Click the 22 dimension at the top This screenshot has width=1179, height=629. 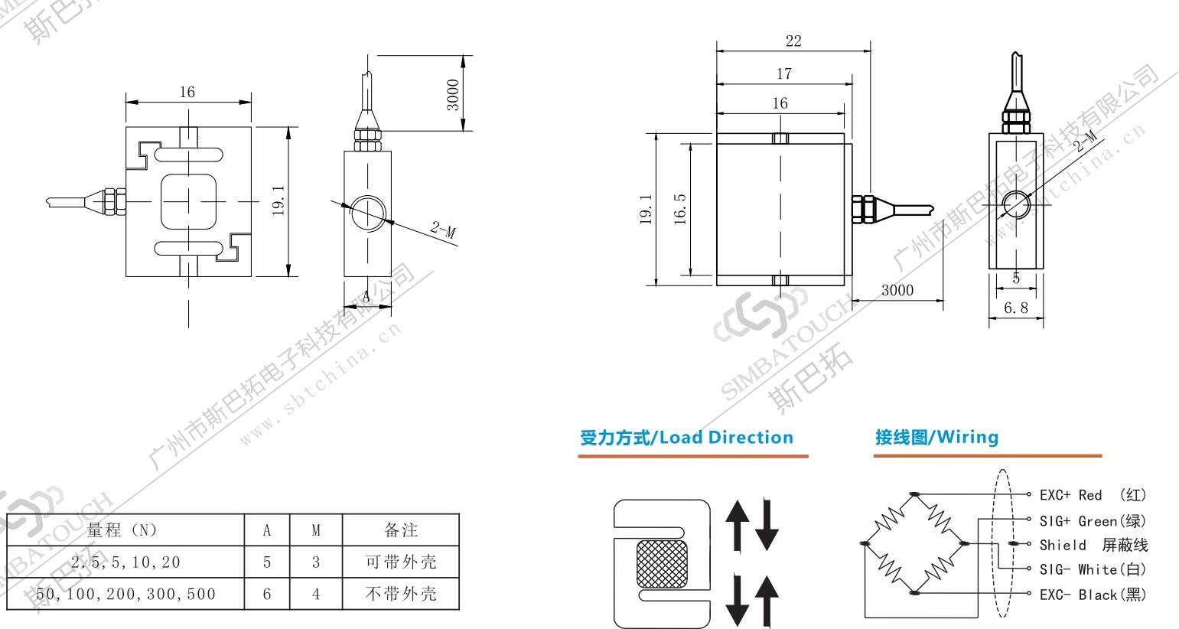[793, 41]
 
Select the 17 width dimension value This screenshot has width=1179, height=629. [783, 73]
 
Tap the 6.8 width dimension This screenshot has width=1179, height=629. [1015, 308]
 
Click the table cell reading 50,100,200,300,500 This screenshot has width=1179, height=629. [125, 594]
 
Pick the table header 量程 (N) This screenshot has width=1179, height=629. [122, 530]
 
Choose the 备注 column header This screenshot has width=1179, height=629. [400, 530]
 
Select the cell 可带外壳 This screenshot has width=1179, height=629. [400, 562]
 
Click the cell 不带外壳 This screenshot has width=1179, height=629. [400, 594]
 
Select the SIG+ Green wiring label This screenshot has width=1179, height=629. [1093, 521]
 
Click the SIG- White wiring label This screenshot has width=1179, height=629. [1093, 569]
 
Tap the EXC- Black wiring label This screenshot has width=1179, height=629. [1093, 595]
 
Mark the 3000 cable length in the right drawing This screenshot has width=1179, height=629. [897, 292]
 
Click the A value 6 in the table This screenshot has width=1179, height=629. [267, 594]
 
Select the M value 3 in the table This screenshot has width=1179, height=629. [316, 562]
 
